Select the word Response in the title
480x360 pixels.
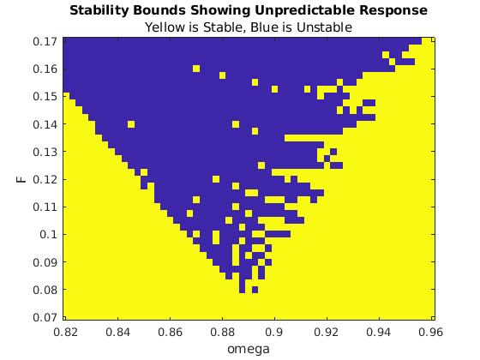(x=393, y=10)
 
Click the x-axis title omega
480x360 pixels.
(x=249, y=349)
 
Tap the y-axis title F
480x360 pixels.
(x=21, y=179)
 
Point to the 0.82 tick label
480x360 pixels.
(x=65, y=332)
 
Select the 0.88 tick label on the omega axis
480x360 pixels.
(x=223, y=332)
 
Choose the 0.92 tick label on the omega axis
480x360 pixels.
(x=327, y=332)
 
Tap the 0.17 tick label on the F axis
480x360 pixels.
(x=45, y=41)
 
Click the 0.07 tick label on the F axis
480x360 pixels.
(x=45, y=317)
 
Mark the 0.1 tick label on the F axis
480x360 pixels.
(x=49, y=235)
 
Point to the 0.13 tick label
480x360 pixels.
(x=45, y=152)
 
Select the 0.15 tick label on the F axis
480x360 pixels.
(x=45, y=97)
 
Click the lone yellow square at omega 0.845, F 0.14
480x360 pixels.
(x=131, y=124)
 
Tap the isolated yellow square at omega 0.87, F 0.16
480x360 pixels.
(x=196, y=69)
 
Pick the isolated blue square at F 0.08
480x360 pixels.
(x=255, y=290)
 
